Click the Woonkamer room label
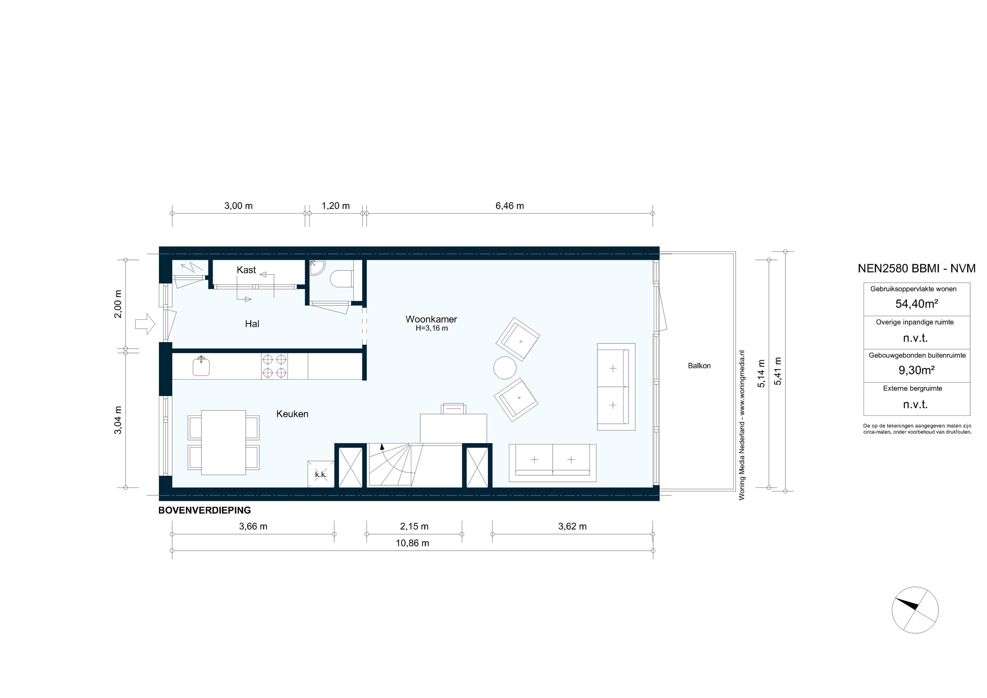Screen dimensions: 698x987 tap(431, 319)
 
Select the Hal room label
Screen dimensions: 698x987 tap(252, 324)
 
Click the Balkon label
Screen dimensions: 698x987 tap(699, 366)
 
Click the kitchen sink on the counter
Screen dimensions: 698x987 tap(201, 367)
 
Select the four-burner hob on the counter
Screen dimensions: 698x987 tap(274, 366)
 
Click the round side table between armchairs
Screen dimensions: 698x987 tap(505, 368)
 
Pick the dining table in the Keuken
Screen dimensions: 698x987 tap(223, 442)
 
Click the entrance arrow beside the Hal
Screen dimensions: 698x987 tap(145, 324)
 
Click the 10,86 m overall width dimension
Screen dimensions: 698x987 tap(412, 543)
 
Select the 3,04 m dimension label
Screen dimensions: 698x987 tap(118, 420)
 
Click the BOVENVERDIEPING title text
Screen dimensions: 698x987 tap(205, 510)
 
